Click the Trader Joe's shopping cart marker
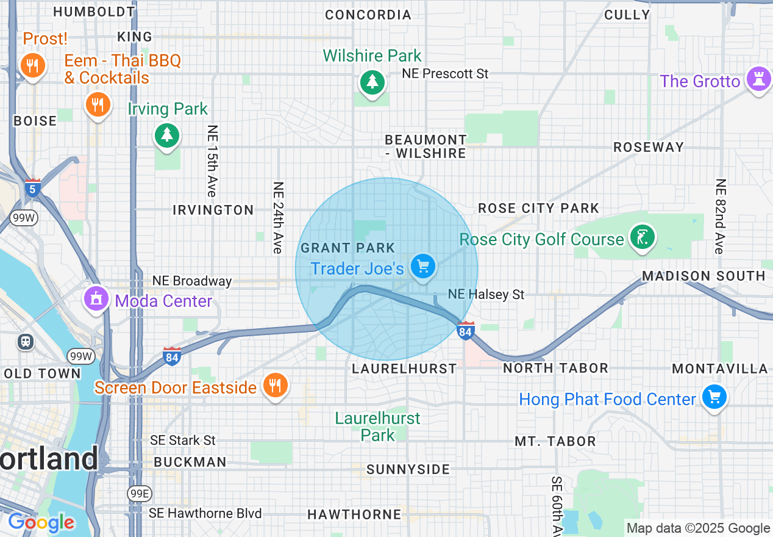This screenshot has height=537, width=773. (422, 266)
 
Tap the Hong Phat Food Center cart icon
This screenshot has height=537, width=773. (714, 397)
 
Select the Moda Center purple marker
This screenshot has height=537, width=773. (96, 298)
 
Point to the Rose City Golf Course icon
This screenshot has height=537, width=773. (642, 237)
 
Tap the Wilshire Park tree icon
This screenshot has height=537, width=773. (371, 82)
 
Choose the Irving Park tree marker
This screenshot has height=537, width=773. (166, 134)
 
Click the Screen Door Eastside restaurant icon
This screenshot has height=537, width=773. (275, 385)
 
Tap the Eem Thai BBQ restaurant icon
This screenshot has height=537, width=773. (98, 104)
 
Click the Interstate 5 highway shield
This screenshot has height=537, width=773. (34, 188)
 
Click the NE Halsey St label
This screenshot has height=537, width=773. (486, 295)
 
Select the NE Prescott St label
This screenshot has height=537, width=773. (445, 74)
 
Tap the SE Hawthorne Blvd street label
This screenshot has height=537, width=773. (205, 513)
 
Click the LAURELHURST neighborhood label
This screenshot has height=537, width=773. (404, 369)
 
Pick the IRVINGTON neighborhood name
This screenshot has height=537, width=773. (213, 210)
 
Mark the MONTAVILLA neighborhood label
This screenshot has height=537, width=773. (719, 369)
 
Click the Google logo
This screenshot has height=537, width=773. (41, 523)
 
